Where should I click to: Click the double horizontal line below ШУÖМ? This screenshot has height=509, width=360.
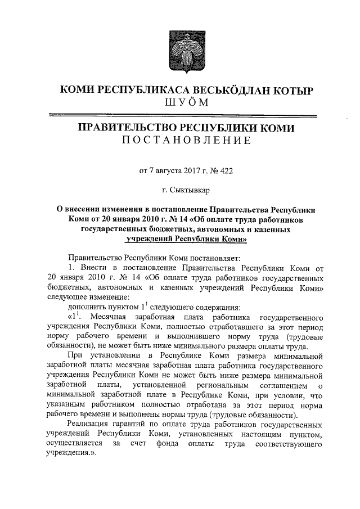[185, 115]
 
